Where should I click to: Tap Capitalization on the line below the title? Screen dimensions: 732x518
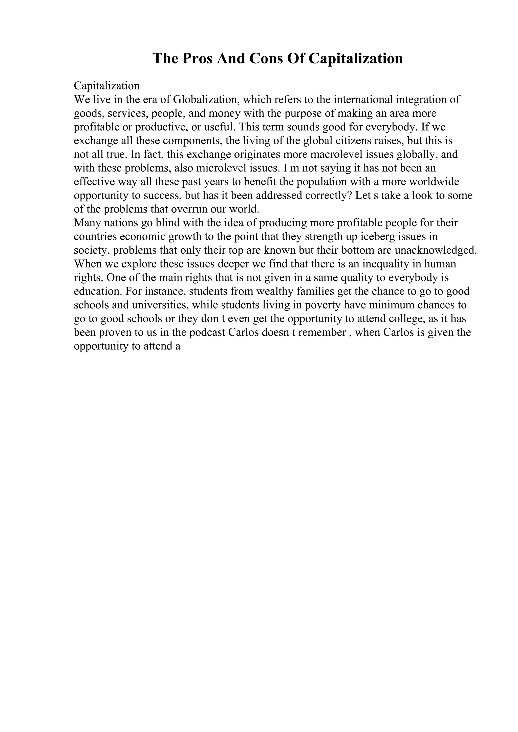coord(106,86)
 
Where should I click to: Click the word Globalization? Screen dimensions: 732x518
coord(206,100)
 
